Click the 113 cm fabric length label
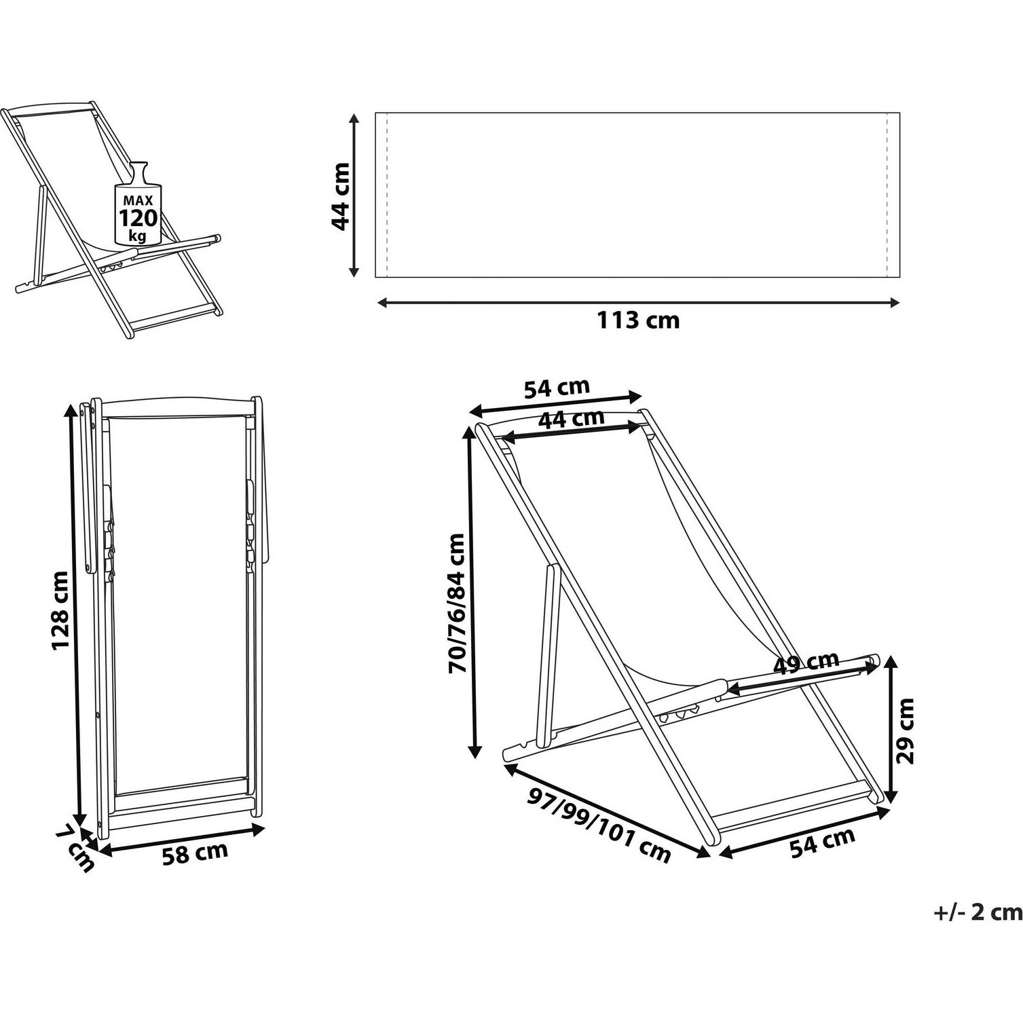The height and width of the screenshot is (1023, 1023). point(637,320)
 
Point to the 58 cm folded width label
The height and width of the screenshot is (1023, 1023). point(195,853)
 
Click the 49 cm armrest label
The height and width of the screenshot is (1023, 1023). point(807,662)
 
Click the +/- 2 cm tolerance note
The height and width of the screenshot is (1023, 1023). point(978,912)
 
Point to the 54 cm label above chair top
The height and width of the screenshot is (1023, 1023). point(557,388)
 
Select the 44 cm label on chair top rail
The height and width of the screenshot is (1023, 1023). point(570,419)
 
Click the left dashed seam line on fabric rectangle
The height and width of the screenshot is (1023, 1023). point(386,196)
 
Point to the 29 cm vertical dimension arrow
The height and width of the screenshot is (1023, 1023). point(891,730)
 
